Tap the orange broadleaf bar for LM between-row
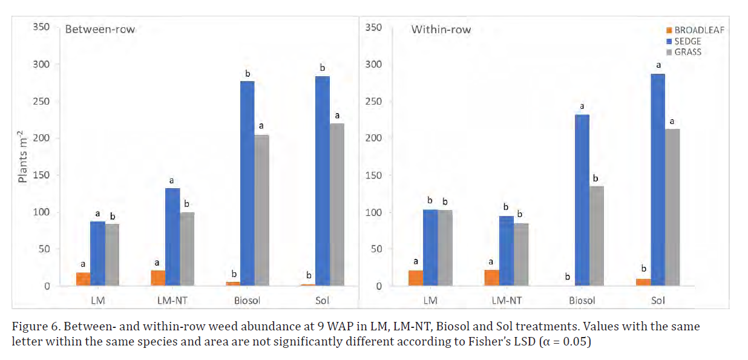tap(83, 279)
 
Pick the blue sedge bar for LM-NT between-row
tap(172, 237)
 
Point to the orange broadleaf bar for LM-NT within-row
tap(492, 278)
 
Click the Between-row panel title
tap(100, 30)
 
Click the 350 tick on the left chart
tap(43, 28)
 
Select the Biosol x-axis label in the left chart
tap(247, 300)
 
